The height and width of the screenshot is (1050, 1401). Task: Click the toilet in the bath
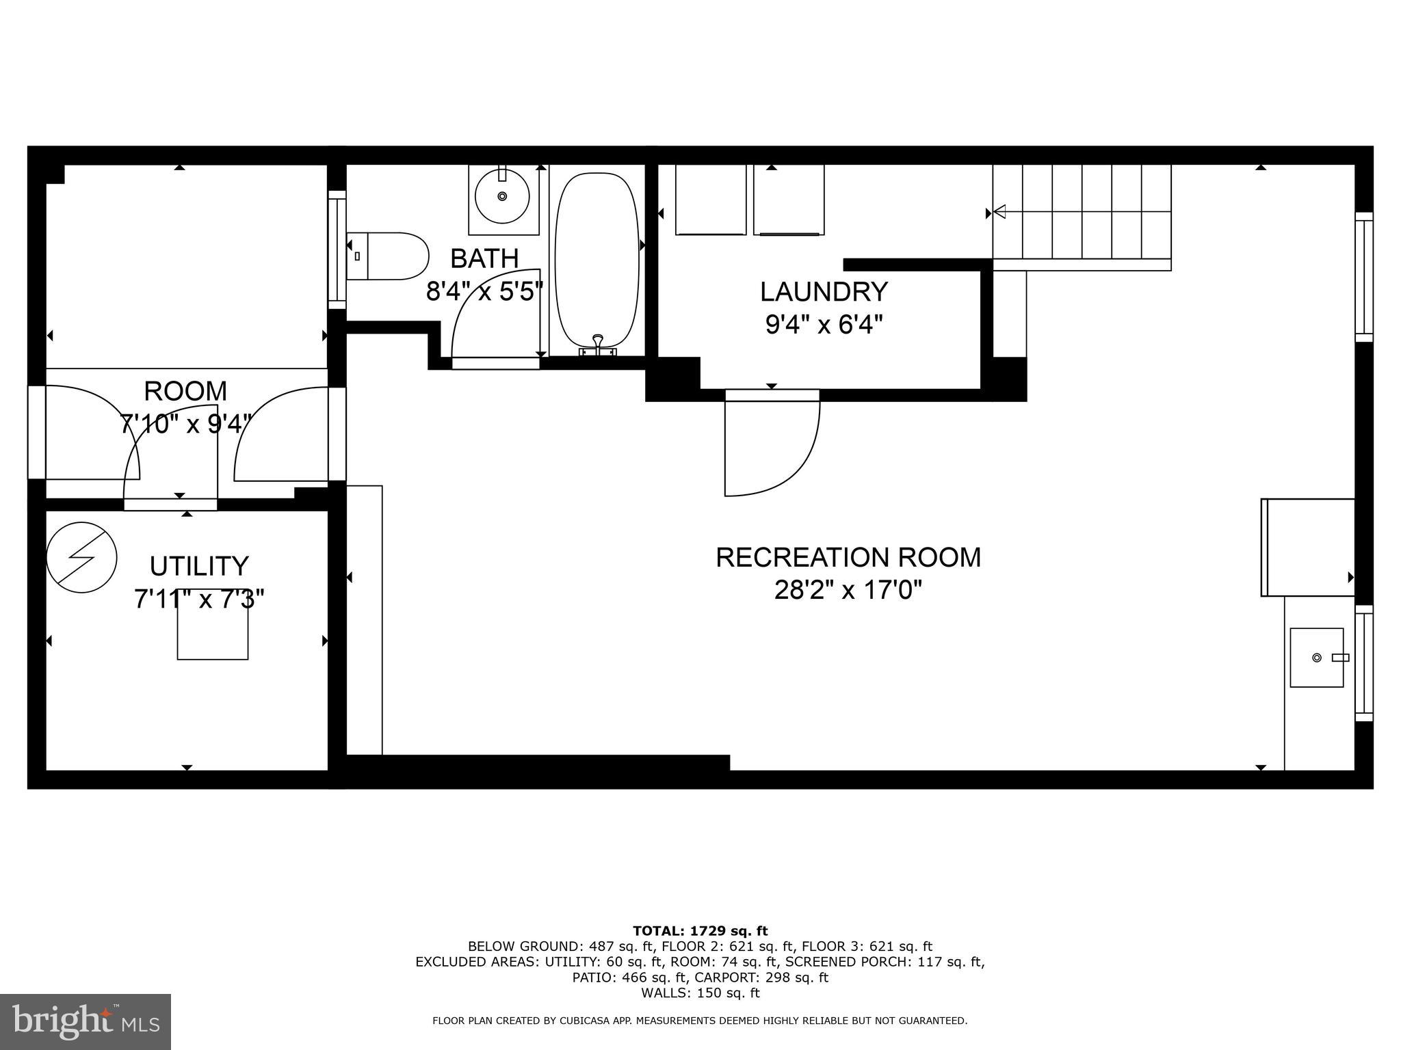(x=387, y=256)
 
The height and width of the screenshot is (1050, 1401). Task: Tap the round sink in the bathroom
(x=502, y=196)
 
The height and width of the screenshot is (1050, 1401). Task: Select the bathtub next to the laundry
(x=597, y=260)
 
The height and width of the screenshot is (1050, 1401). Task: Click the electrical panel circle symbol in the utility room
(x=81, y=557)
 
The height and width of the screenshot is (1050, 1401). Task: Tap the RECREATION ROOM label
(x=848, y=557)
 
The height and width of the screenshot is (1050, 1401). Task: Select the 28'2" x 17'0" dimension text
(x=848, y=589)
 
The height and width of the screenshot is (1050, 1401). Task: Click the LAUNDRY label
(x=824, y=292)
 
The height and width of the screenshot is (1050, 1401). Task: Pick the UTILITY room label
(x=199, y=566)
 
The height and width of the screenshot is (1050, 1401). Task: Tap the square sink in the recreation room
(x=1317, y=658)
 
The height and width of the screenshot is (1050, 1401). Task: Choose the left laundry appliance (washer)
(x=710, y=200)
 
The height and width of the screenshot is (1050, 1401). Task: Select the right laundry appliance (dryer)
(x=789, y=200)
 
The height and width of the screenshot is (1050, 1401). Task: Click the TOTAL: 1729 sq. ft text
(x=700, y=930)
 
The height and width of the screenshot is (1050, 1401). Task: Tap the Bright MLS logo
(x=86, y=1022)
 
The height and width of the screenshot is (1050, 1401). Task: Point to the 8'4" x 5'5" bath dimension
(x=484, y=291)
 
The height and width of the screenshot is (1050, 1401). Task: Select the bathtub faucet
(x=598, y=345)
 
